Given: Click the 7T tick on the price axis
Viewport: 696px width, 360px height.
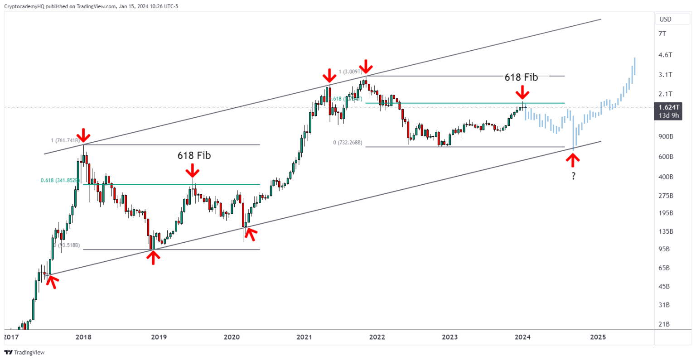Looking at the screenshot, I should tap(662, 34).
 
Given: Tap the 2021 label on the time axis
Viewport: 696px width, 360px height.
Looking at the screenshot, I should tap(304, 337).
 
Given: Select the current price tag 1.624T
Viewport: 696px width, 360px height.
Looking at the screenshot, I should tap(669, 107).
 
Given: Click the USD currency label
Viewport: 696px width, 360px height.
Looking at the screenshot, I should tap(665, 19).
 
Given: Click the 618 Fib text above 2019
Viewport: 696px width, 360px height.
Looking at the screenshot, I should tap(194, 155).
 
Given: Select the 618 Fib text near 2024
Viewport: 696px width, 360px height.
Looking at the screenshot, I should tap(521, 77).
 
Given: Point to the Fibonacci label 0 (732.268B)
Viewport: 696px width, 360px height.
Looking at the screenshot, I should tap(348, 143).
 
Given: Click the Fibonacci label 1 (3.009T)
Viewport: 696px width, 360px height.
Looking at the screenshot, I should tap(350, 72).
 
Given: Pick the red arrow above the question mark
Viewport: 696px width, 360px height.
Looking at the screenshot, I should tap(573, 160).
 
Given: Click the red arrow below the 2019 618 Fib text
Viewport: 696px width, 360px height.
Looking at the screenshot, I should tap(193, 171).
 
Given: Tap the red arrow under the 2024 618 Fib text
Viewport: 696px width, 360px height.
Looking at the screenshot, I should tap(522, 92).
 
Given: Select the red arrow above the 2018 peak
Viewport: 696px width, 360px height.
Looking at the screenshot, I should tap(83, 135).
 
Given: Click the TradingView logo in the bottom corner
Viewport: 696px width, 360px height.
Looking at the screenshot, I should tap(25, 352).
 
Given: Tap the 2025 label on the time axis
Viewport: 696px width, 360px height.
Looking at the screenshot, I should tap(598, 337).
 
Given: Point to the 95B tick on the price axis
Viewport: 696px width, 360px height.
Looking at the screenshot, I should tap(664, 249).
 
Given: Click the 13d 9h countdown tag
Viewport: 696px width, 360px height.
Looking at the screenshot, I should tap(669, 115).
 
